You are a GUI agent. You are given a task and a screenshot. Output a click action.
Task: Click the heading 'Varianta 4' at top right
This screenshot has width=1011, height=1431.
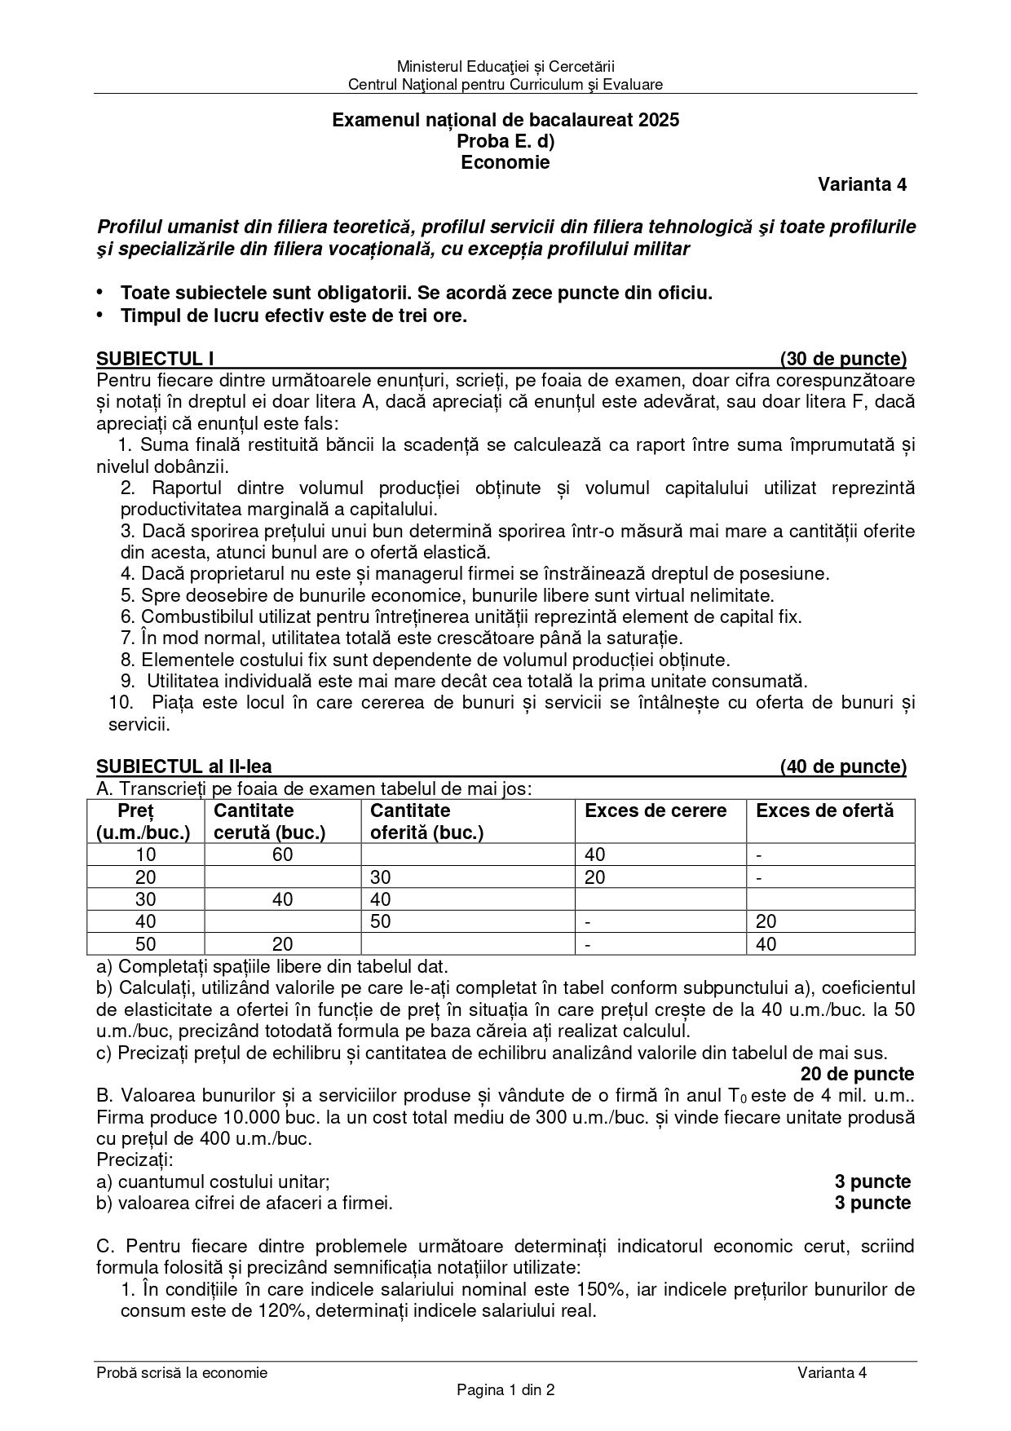tap(862, 184)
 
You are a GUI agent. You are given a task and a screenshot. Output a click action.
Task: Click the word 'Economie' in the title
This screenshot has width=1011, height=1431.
tap(505, 162)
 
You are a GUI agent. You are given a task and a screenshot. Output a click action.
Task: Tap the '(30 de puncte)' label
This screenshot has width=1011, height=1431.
tap(843, 359)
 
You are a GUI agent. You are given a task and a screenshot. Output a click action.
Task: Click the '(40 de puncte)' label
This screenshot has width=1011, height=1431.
tap(843, 766)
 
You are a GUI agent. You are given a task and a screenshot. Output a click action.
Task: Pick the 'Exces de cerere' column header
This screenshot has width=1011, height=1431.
tap(656, 810)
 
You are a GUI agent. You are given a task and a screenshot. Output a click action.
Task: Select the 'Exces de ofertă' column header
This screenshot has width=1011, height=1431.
tap(824, 810)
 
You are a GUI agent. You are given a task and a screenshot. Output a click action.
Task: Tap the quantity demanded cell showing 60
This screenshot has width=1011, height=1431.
tap(282, 855)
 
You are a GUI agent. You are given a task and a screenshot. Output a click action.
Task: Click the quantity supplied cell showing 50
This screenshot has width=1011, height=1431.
tap(381, 921)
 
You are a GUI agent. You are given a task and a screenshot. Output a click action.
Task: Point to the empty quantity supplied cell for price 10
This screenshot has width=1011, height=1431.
tap(467, 855)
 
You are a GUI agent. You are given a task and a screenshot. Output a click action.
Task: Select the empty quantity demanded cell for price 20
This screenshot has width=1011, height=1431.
tap(282, 877)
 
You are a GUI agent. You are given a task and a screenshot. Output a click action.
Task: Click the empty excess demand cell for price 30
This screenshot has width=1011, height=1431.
tap(660, 899)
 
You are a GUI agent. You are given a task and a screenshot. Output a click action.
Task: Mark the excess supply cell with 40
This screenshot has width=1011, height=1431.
tap(766, 944)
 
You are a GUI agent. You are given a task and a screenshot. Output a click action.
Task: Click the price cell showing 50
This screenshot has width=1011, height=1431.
tap(144, 944)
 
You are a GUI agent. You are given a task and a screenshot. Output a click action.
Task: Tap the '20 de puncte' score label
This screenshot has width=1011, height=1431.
tap(857, 1074)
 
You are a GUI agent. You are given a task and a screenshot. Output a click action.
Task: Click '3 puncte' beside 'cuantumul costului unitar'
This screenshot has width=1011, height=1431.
tap(872, 1181)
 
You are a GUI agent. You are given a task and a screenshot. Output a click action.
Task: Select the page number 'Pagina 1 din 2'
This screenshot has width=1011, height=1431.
tap(505, 1390)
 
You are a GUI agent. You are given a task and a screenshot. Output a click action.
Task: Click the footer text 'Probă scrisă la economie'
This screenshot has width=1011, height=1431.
tap(182, 1372)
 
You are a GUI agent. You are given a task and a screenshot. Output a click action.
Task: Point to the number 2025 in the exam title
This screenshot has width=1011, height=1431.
tap(659, 121)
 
